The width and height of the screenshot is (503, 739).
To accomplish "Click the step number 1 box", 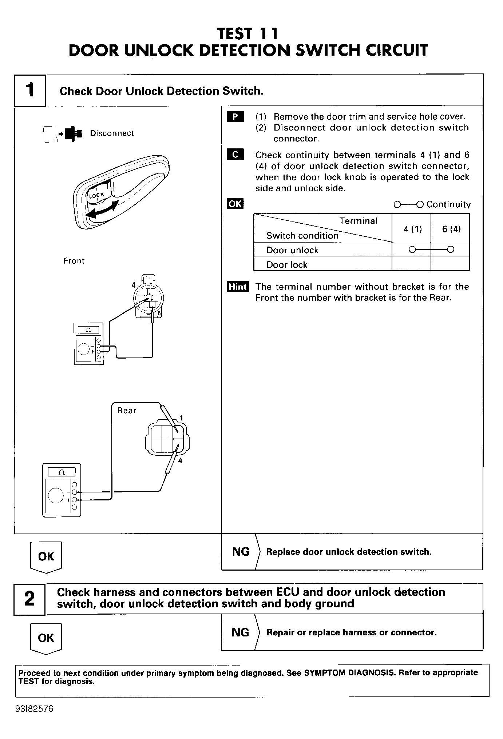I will click(x=30, y=90).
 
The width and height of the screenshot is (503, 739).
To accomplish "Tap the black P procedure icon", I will click(x=235, y=117).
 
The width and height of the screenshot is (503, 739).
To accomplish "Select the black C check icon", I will click(x=235, y=155).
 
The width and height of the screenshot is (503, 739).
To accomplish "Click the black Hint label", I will click(x=237, y=287).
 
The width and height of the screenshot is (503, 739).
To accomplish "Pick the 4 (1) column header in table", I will click(x=413, y=229).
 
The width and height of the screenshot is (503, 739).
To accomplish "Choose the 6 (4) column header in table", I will click(x=451, y=229).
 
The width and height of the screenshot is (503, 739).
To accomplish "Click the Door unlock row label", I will click(x=292, y=250).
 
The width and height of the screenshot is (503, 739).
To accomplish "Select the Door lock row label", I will click(x=287, y=265).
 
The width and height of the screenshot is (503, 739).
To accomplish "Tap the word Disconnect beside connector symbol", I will click(x=112, y=133).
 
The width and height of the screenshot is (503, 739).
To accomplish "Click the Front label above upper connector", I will click(x=74, y=261).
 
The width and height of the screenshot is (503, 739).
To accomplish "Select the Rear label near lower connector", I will click(x=127, y=411).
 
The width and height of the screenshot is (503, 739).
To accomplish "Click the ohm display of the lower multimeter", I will click(x=62, y=472).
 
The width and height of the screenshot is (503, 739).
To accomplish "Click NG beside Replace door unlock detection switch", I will click(x=241, y=552).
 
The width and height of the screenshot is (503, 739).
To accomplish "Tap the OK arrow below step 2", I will click(x=46, y=639).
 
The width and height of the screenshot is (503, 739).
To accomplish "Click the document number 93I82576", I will click(x=34, y=709).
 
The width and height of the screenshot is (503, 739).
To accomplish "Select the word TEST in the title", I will click(x=235, y=34).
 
